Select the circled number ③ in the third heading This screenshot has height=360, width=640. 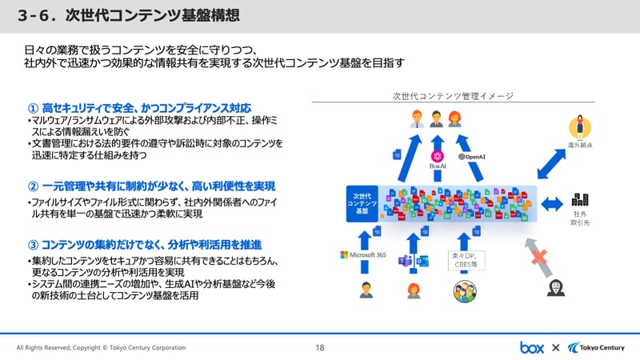point(33,243)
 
